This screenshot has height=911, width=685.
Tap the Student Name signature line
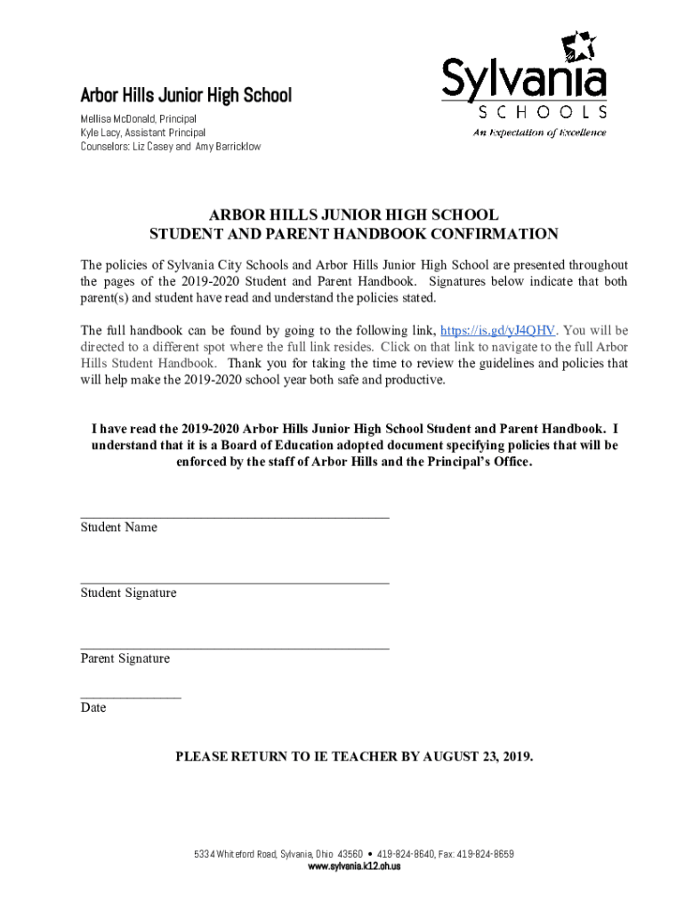coord(235,515)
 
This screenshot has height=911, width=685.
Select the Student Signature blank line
coord(235,581)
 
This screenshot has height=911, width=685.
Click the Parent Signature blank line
coord(235,647)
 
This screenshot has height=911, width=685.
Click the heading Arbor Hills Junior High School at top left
coord(186,95)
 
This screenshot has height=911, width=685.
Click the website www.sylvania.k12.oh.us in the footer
coord(354,867)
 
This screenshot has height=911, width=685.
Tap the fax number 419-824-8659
coord(485,854)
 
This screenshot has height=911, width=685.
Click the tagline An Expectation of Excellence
coord(539,133)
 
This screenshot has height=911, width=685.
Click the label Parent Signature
coord(125,659)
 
